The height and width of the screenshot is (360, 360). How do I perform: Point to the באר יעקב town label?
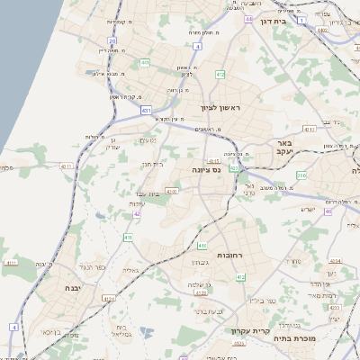coord(286,147)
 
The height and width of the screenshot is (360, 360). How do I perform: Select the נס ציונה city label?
coord(207,168)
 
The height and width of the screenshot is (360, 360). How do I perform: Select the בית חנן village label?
coord(152,164)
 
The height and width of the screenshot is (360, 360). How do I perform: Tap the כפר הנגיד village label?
coord(93,267)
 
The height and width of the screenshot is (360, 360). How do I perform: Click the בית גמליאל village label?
coord(121,330)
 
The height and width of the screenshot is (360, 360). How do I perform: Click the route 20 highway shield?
coord(112,40)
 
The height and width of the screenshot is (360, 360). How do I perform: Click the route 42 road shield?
coord(137,214)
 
